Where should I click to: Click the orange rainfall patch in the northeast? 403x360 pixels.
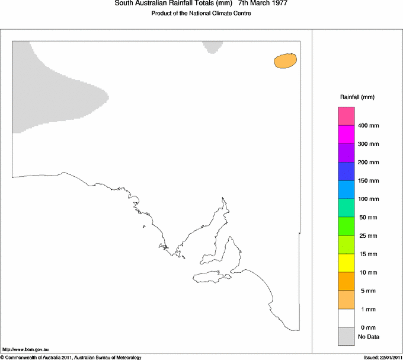(x=285, y=60)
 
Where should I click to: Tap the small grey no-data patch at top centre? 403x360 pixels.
(x=212, y=46)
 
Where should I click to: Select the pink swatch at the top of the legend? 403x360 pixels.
(x=346, y=116)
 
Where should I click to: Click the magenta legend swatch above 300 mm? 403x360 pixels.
(x=346, y=135)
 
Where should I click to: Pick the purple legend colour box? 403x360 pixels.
(x=346, y=153)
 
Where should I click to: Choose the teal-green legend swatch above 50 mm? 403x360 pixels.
(x=346, y=208)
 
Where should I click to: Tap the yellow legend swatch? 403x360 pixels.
(x=346, y=263)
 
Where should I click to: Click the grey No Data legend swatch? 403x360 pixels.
(x=346, y=336)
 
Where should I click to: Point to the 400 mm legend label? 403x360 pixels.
(x=369, y=126)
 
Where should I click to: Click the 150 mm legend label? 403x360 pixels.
(x=369, y=181)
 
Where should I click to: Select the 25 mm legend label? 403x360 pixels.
(x=367, y=236)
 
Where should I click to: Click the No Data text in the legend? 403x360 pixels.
(x=369, y=337)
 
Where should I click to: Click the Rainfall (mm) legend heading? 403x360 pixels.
(x=357, y=97)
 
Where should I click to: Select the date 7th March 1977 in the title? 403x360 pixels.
(x=263, y=4)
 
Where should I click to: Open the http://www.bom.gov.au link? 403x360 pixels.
(x=25, y=350)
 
